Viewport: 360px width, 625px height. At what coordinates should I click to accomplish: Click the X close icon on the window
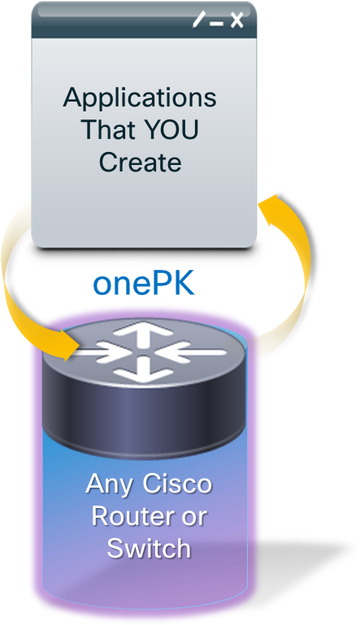(236, 20)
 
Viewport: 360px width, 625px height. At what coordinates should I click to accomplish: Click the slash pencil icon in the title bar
(198, 20)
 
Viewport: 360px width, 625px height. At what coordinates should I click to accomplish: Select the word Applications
(140, 98)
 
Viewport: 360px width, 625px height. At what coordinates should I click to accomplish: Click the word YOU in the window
(171, 128)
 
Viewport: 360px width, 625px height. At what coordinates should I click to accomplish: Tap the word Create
(141, 162)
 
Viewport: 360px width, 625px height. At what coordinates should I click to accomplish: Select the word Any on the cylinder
(109, 485)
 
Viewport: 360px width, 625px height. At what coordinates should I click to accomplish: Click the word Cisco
(177, 484)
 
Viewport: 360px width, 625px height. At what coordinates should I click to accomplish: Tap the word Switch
(149, 549)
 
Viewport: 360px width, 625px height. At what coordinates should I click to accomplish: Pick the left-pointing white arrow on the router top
(192, 352)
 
